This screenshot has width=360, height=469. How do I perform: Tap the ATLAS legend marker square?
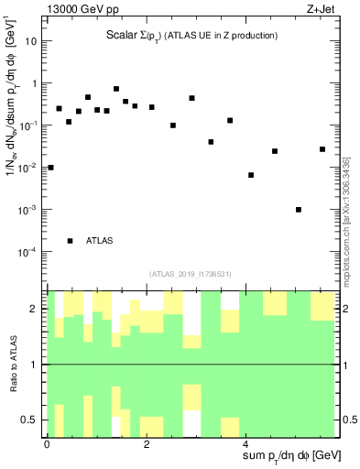(x=70, y=241)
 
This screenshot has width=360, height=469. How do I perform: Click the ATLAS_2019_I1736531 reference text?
(x=190, y=274)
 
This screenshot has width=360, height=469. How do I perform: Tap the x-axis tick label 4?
(x=246, y=444)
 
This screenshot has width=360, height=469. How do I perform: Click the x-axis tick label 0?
(x=47, y=444)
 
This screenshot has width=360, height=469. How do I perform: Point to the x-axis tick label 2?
(x=147, y=444)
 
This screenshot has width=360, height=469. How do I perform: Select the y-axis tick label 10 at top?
(x=32, y=41)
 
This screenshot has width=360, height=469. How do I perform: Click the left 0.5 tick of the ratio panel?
(x=32, y=420)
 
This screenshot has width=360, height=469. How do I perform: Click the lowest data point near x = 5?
(x=299, y=210)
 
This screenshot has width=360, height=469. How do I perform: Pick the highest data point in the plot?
(x=116, y=89)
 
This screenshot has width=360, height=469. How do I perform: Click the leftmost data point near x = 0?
(x=50, y=168)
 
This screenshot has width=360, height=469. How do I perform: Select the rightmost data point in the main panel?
(x=322, y=149)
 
